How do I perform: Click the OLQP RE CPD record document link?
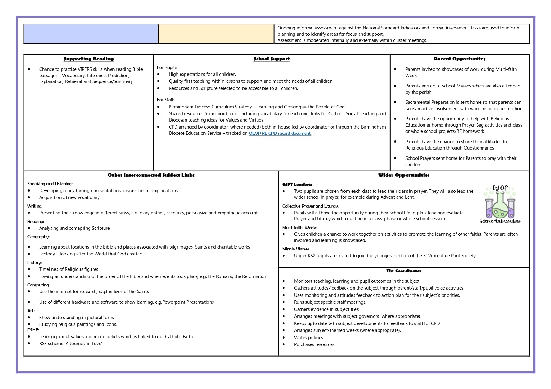click(280, 133)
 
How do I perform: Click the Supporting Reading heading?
click(89, 59)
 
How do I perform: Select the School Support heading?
click(272, 59)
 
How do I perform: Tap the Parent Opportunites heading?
click(459, 59)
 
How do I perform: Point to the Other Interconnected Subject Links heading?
click(151, 175)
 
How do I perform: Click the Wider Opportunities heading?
click(404, 175)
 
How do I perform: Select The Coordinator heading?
click(404, 271)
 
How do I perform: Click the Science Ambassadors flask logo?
click(500, 204)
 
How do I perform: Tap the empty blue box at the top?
click(91, 34)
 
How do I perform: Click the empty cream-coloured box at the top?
click(216, 34)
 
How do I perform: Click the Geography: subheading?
click(38, 237)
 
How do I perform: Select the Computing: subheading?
click(38, 285)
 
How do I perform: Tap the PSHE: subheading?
click(33, 330)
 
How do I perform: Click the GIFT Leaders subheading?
click(297, 184)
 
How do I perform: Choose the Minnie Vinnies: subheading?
click(296, 249)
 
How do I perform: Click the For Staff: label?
click(165, 100)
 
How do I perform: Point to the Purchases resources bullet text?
click(314, 344)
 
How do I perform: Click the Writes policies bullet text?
click(308, 338)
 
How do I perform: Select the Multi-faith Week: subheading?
click(299, 228)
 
